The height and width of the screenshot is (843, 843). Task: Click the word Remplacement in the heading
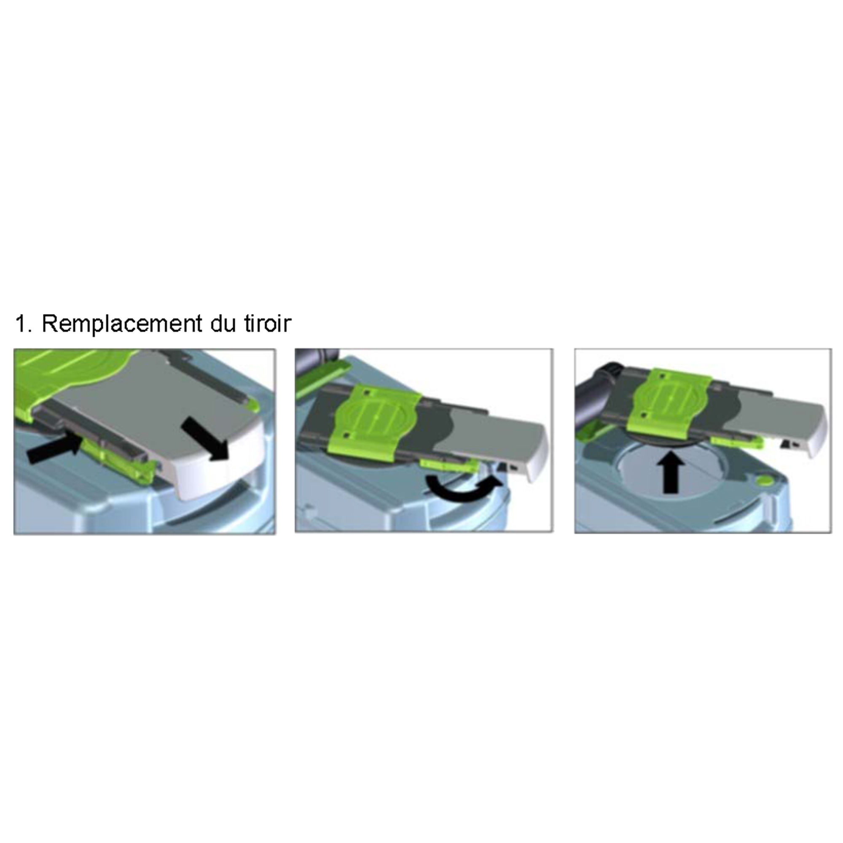pyautogui.click(x=122, y=324)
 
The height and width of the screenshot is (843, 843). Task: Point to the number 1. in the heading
pyautogui.click(x=24, y=324)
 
